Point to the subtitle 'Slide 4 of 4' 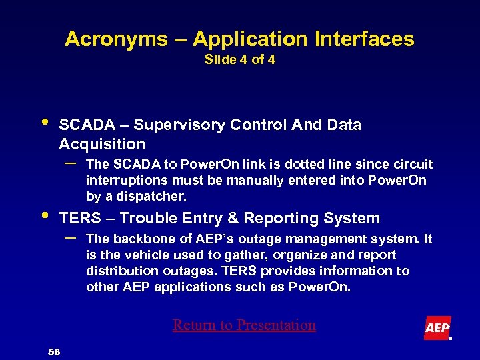[x=239, y=60]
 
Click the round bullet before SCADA [x=44, y=123]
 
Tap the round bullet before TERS [x=44, y=216]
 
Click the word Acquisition [x=102, y=144]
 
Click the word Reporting [x=285, y=218]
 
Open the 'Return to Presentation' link [x=244, y=325]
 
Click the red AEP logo [x=437, y=328]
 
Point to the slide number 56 [x=53, y=351]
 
